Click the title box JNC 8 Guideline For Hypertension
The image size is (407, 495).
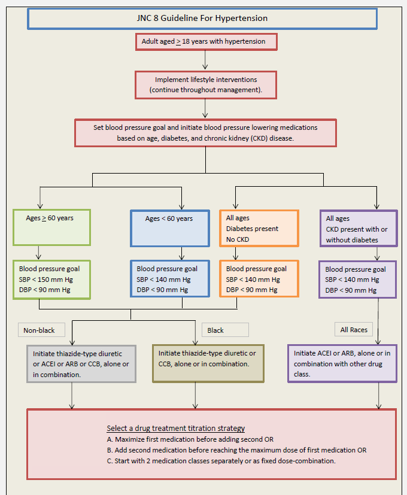pos(202,19)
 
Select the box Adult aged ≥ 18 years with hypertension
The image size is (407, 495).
pos(207,42)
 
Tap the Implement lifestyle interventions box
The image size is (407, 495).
pos(206,85)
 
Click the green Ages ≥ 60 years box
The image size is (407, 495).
pos(51,227)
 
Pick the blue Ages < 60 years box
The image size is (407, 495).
pos(169,228)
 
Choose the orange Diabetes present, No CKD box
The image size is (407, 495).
pos(259,228)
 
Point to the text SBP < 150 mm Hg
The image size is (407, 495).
pos(45,280)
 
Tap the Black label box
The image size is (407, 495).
pos(225,330)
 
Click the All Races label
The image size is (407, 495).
pos(354,329)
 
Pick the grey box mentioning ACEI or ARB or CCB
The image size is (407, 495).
pos(81,364)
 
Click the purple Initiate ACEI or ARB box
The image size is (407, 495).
pos(342,363)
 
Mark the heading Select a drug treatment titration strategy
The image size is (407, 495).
pos(175,429)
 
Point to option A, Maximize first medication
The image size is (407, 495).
pos(190,439)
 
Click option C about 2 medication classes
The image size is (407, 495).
pos(221,460)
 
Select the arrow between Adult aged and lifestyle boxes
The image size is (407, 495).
pos(205,60)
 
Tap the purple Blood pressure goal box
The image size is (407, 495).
pos(357,280)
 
